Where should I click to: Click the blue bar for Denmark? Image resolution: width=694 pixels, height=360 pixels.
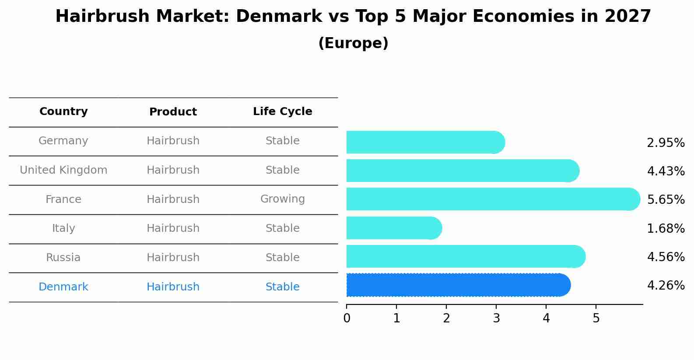click(x=457, y=285)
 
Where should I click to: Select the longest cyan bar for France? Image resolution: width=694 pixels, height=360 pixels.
click(x=492, y=199)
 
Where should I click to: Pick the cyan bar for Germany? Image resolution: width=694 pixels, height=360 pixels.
click(x=424, y=142)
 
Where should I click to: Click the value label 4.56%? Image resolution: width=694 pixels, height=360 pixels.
click(x=666, y=257)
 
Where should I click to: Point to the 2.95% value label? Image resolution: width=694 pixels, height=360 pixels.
click(x=666, y=143)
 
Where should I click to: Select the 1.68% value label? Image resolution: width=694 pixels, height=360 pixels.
click(x=666, y=228)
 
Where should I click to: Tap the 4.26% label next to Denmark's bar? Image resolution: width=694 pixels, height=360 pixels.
click(x=666, y=286)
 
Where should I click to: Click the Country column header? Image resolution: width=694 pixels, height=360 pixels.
click(x=63, y=112)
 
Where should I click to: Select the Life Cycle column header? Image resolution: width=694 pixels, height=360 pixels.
click(x=282, y=112)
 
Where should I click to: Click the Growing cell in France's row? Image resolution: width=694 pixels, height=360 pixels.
click(x=282, y=199)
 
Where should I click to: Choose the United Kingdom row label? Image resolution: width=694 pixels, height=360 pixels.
click(x=63, y=170)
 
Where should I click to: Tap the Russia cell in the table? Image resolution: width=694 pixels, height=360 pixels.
click(x=63, y=258)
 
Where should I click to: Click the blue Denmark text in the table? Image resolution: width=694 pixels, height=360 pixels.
click(x=63, y=287)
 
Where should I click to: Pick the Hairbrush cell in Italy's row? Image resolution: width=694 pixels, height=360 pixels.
click(x=173, y=228)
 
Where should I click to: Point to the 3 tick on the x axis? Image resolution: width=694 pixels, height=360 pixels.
click(x=496, y=318)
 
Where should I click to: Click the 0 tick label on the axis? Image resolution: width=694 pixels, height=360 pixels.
click(x=347, y=318)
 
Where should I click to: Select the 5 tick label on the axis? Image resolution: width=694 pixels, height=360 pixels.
click(x=596, y=318)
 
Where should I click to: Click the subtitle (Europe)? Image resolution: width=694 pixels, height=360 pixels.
click(x=353, y=43)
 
